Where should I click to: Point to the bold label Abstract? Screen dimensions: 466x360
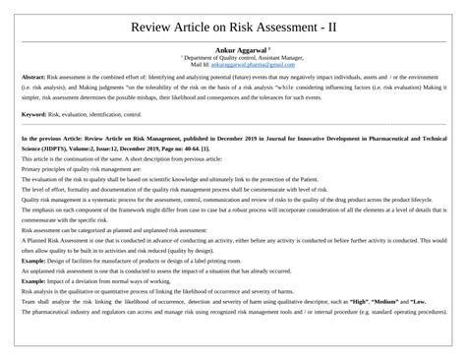click(33, 76)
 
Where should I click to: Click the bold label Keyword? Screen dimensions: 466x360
click(34, 115)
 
